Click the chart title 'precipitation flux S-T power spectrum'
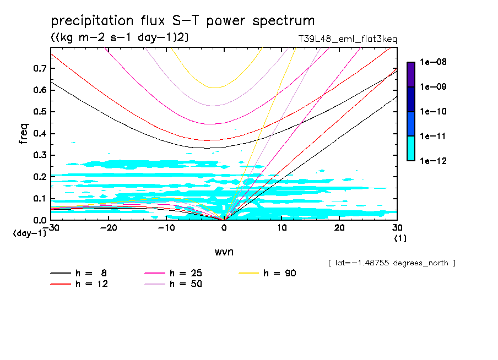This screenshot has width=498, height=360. pyautogui.click(x=183, y=21)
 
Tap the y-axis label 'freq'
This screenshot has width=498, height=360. pyautogui.click(x=24, y=134)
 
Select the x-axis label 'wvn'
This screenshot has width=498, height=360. pyautogui.click(x=224, y=252)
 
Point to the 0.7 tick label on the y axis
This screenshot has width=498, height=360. pyautogui.click(x=39, y=68)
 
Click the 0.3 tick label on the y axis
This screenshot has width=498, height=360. pyautogui.click(x=39, y=155)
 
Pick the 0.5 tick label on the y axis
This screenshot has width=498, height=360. pyautogui.click(x=39, y=112)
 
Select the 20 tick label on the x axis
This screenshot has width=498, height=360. pyautogui.click(x=339, y=228)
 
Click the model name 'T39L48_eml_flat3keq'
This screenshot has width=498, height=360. pyautogui.click(x=347, y=39)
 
